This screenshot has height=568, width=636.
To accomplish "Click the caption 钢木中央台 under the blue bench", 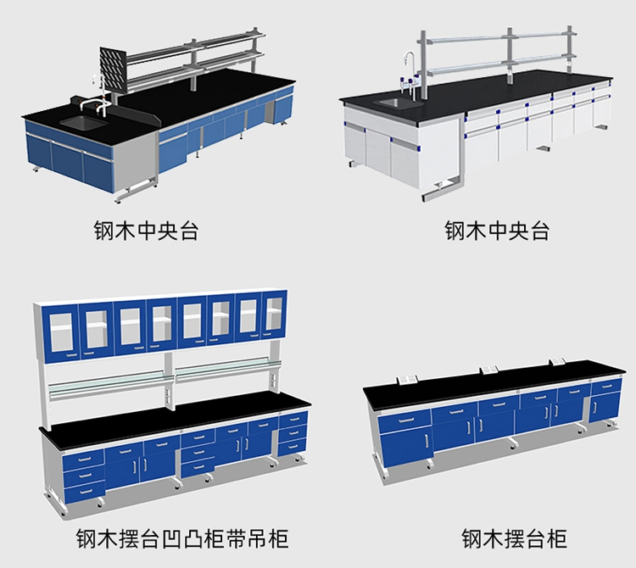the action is (x=147, y=231).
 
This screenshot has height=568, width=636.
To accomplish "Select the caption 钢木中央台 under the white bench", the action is (x=497, y=231).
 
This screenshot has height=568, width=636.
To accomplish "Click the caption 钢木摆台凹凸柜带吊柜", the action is (x=182, y=539).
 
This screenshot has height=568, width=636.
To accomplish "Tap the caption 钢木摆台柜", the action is (x=515, y=539).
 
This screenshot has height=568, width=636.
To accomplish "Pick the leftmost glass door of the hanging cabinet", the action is (x=62, y=332).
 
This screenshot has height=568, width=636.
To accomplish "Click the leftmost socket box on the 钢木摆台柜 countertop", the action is (x=407, y=379).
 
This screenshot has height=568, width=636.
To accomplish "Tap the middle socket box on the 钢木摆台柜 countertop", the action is (x=488, y=369).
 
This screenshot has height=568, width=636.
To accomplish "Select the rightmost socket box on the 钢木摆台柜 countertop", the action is (x=558, y=360).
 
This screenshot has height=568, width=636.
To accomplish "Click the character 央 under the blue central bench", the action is (x=168, y=231).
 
